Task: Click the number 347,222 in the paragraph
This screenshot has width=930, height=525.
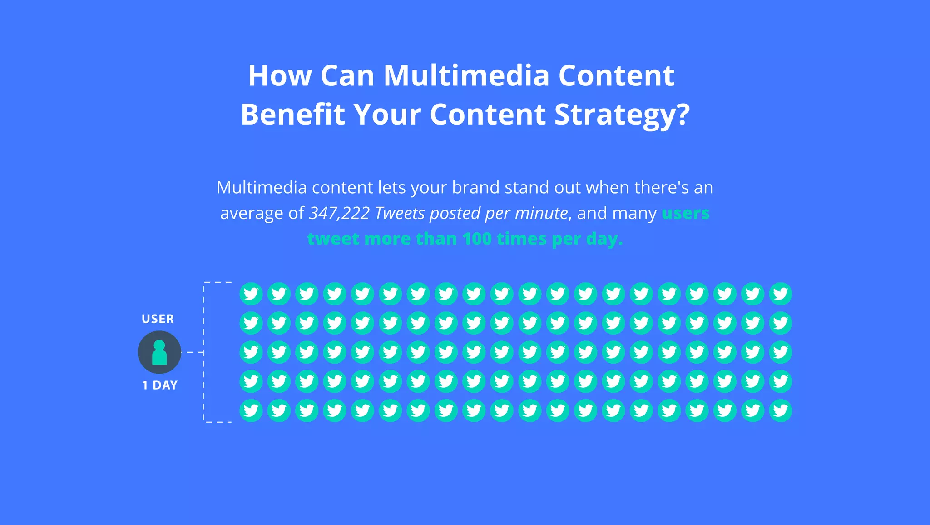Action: pyautogui.click(x=339, y=213)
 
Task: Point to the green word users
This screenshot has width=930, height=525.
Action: pyautogui.click(x=685, y=213)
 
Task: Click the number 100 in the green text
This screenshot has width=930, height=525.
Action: pyautogui.click(x=476, y=239)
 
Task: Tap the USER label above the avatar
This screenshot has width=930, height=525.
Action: pyautogui.click(x=158, y=319)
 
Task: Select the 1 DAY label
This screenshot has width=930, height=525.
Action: pyautogui.click(x=159, y=385)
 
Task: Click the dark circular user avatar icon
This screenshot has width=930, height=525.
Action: pyautogui.click(x=159, y=352)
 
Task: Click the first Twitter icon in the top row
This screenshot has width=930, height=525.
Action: pyautogui.click(x=251, y=294)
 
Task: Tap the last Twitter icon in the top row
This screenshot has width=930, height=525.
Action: pyautogui.click(x=781, y=294)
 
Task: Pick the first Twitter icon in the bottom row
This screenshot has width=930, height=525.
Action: pyautogui.click(x=251, y=410)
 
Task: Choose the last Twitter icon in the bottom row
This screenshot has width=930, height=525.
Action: pyautogui.click(x=781, y=410)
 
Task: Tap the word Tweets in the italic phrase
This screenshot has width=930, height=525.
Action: pyautogui.click(x=400, y=213)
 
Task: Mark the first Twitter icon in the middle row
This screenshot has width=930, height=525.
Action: pyautogui.click(x=251, y=352)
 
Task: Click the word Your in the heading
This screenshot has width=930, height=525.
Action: pyautogui.click(x=387, y=114)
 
